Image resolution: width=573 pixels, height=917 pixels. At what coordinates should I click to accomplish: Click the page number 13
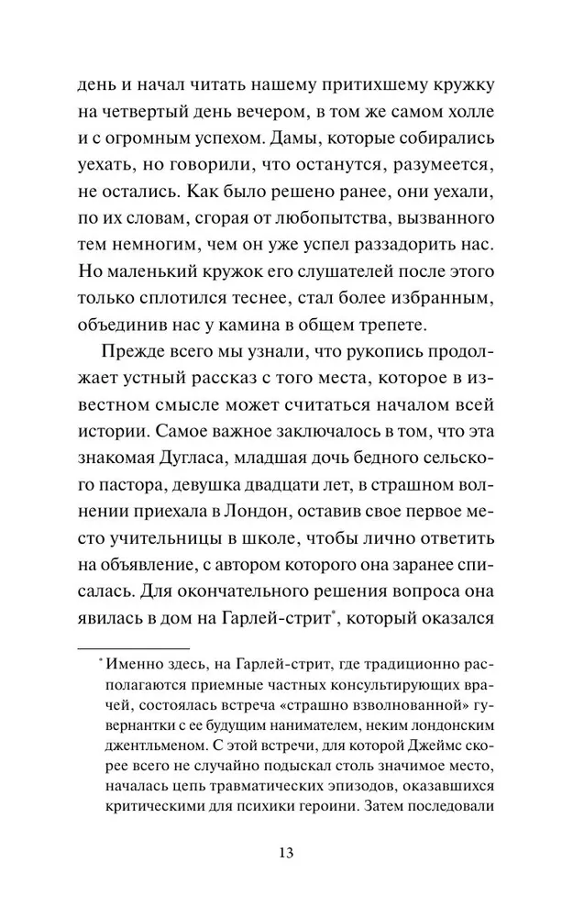click(286, 853)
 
